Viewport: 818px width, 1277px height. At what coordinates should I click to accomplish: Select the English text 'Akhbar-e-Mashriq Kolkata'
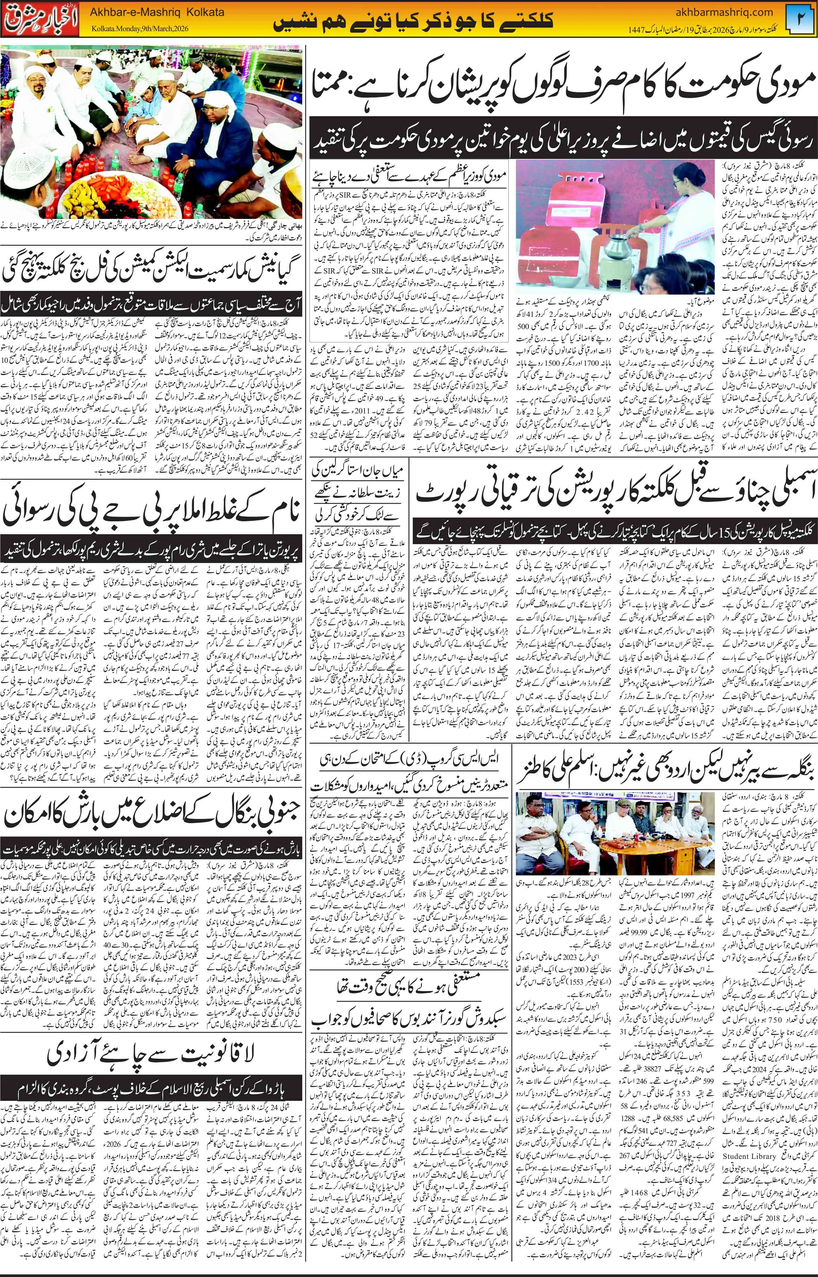coord(157,12)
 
